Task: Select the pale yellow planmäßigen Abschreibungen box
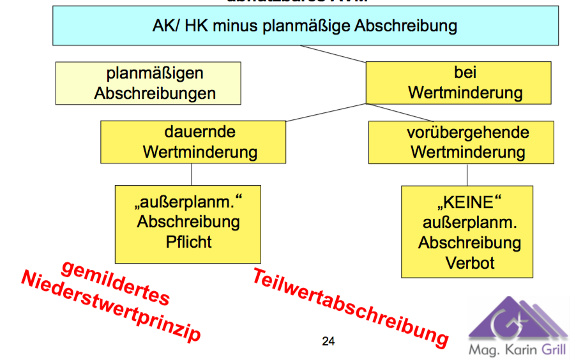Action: [148, 83]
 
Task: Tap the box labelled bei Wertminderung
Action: [458, 82]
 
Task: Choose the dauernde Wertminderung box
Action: [192, 142]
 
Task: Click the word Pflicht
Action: [188, 242]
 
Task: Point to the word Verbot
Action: [467, 262]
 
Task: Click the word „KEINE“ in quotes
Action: [467, 204]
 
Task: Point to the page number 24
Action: [328, 341]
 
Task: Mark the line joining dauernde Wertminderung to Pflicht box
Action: [192, 174]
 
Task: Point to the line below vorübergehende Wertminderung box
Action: [467, 174]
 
